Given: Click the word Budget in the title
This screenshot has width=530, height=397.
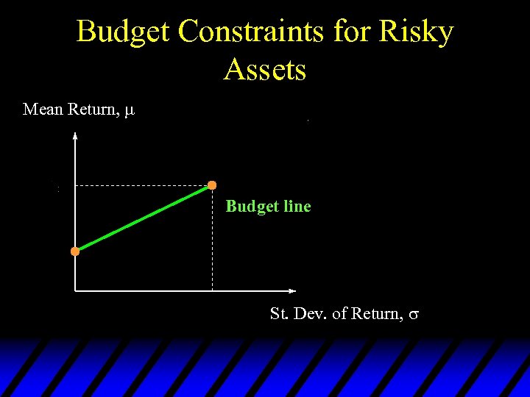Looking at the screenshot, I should (x=123, y=32).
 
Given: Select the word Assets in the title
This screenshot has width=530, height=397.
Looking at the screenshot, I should (x=265, y=70).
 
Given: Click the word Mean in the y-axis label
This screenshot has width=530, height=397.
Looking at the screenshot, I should (x=43, y=110).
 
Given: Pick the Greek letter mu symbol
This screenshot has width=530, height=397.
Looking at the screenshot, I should (x=130, y=112).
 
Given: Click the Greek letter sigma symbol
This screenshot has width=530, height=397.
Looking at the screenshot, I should (x=414, y=315).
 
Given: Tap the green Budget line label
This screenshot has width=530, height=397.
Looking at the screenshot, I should (x=268, y=207).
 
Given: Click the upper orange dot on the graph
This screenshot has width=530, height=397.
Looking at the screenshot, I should (x=212, y=185).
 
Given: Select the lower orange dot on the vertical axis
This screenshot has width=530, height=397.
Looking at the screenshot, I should (x=75, y=251).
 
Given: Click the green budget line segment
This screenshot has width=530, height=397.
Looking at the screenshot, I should (x=144, y=218).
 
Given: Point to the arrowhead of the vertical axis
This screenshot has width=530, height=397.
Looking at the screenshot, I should (x=75, y=136).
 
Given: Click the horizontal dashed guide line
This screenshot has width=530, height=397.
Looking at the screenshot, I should (x=140, y=186).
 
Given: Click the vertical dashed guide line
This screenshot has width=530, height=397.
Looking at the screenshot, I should (x=213, y=243).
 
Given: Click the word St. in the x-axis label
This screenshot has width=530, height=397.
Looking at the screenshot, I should (x=278, y=314).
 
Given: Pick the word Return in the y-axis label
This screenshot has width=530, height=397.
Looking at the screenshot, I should (x=92, y=110).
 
